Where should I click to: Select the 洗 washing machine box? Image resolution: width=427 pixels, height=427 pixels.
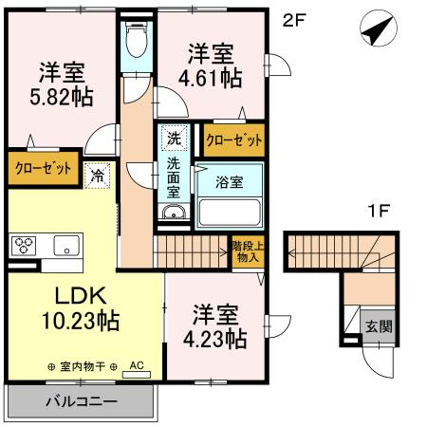[173, 138]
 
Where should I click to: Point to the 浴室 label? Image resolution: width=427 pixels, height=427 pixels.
[227, 178]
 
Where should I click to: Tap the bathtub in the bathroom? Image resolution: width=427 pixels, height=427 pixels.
[228, 212]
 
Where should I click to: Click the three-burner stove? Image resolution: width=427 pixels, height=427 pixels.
[24, 245]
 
